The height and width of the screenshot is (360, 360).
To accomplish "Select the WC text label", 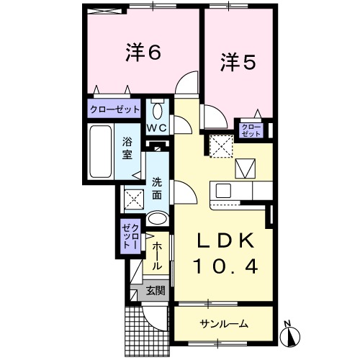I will (157, 127).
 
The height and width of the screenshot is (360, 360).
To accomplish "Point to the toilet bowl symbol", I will (158, 111).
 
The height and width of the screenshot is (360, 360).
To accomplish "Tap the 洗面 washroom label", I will (157, 189).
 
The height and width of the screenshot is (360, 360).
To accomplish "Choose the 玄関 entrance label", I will (155, 292).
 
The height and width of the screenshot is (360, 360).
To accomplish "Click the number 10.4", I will (224, 268).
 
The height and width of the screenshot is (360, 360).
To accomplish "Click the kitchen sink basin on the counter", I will (222, 191).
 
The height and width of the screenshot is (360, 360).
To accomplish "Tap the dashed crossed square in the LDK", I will (221, 148).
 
